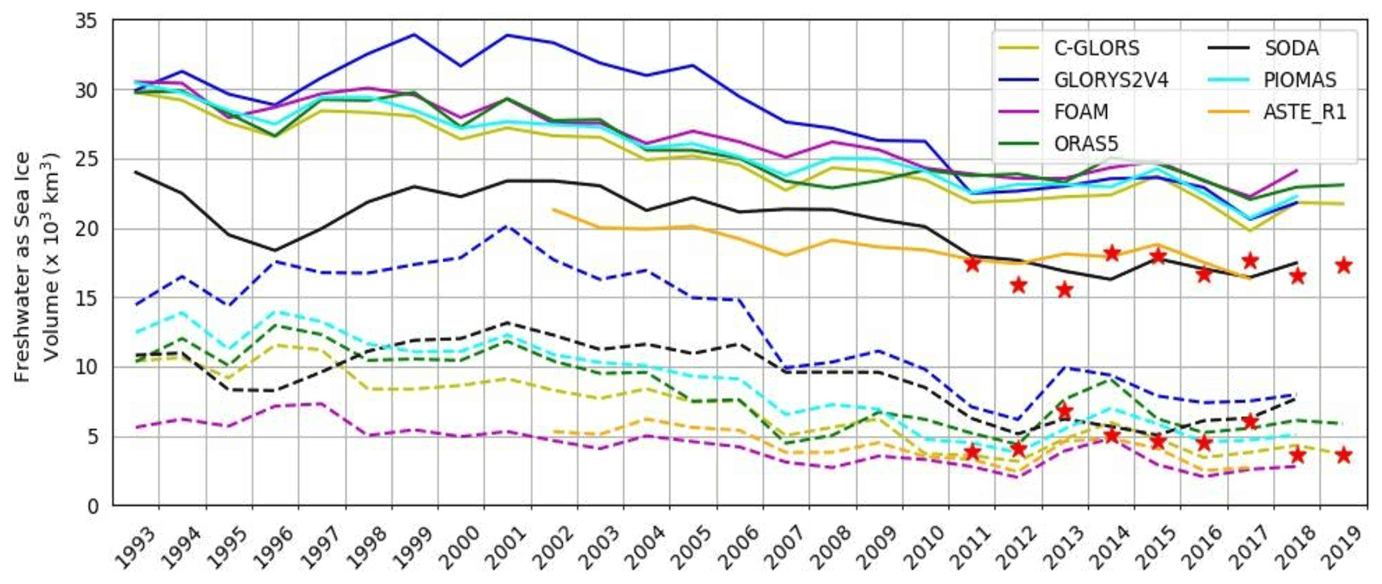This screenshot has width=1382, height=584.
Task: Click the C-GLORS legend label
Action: pyautogui.click(x=1097, y=48)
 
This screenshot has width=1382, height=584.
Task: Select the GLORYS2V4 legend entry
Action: pyautogui.click(x=1111, y=80)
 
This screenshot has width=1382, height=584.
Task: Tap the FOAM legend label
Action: pyautogui.click(x=1081, y=112)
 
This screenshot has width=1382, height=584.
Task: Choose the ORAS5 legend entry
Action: pyautogui.click(x=1086, y=143)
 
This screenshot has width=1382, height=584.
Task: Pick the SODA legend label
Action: pyautogui.click(x=1291, y=48)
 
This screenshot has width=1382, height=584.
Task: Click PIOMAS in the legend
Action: pyautogui.click(x=1300, y=80)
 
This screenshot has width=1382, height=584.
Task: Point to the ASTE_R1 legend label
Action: pyautogui.click(x=1304, y=112)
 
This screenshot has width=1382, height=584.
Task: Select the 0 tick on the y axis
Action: pyautogui.click(x=92, y=506)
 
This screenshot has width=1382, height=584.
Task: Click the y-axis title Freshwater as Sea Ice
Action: pyautogui.click(x=23, y=267)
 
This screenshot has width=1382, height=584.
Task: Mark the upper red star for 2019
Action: pyautogui.click(x=1343, y=265)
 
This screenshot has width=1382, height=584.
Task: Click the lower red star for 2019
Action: pyautogui.click(x=1343, y=456)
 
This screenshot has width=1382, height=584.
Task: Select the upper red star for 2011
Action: pyautogui.click(x=972, y=264)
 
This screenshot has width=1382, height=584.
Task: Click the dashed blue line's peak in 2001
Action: pyautogui.click(x=507, y=226)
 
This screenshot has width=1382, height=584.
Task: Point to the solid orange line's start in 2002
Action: pyautogui.click(x=554, y=209)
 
